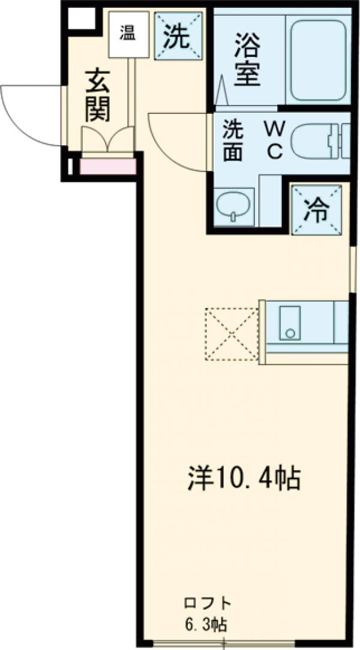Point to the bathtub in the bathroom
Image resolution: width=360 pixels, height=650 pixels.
[x=317, y=59]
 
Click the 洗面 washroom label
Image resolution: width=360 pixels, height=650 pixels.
[x=233, y=141]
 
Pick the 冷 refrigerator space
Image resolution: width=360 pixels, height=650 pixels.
[x=317, y=210]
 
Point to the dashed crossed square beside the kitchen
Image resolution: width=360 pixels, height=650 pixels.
[x=232, y=335]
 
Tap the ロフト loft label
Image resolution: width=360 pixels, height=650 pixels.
[x=206, y=603]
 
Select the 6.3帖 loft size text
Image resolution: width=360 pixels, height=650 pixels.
[x=206, y=624]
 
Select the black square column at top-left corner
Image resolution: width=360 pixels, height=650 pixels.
[x=80, y=20]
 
